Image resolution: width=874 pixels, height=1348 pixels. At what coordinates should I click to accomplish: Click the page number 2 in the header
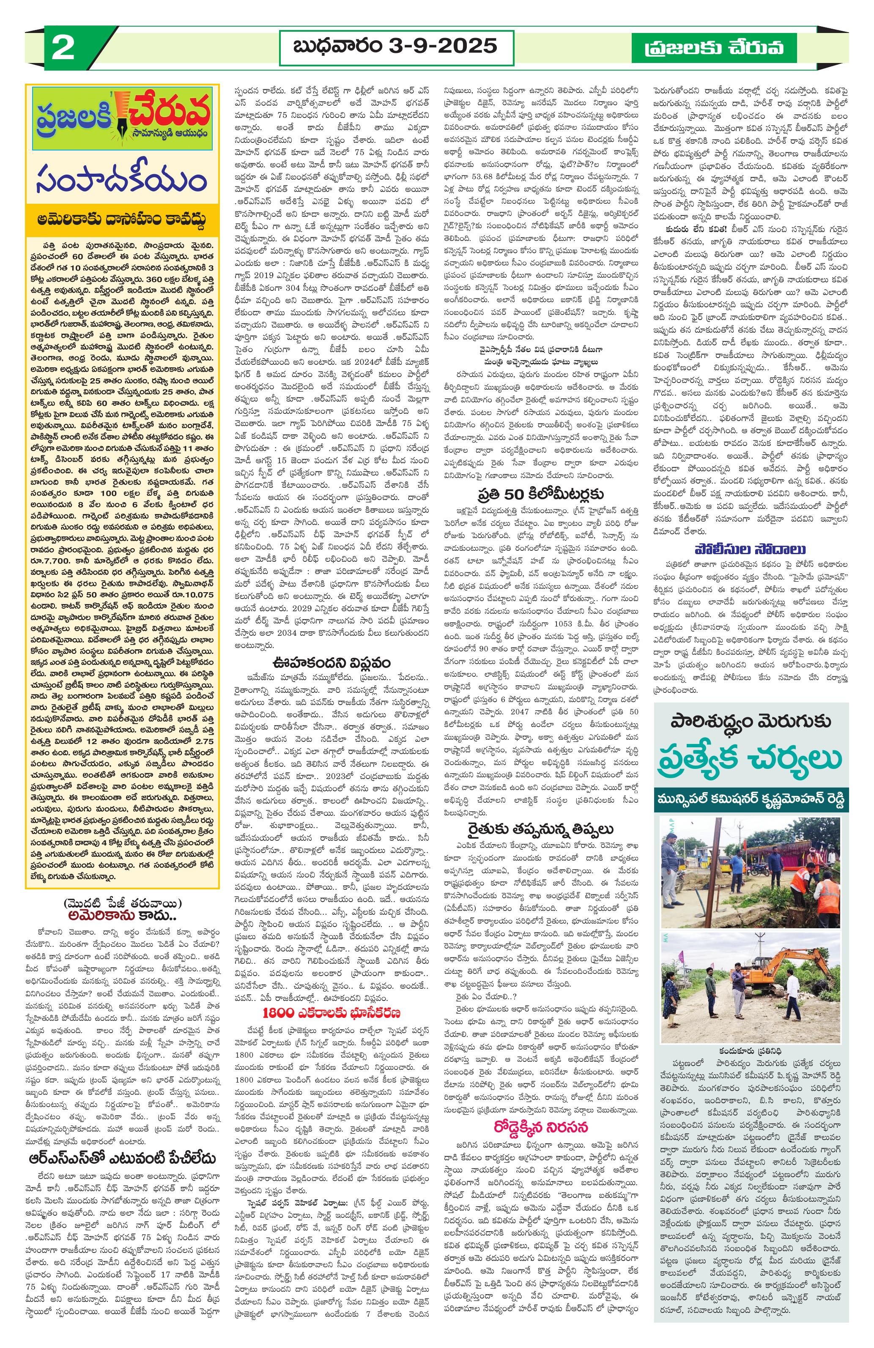(62, 48)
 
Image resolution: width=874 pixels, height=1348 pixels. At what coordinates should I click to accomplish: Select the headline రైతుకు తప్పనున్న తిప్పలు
(540, 830)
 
